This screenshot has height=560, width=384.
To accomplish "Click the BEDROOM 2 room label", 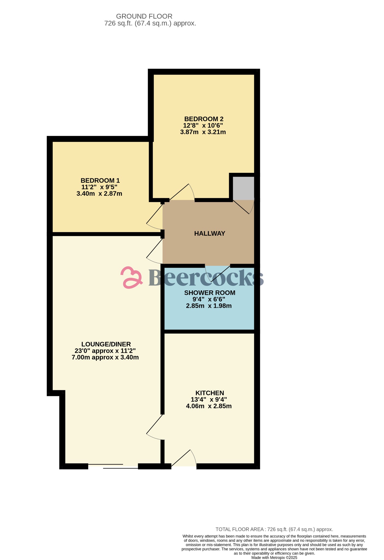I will pyautogui.click(x=204, y=119).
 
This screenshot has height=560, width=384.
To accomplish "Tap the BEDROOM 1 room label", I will pyautogui.click(x=100, y=180).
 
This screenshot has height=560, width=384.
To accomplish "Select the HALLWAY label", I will pyautogui.click(x=210, y=234).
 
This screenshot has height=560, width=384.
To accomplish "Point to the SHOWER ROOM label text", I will pyautogui.click(x=210, y=293).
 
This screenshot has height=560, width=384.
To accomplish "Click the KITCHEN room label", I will pyautogui.click(x=210, y=393).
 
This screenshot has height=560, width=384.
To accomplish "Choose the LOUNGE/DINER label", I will pyautogui.click(x=106, y=344).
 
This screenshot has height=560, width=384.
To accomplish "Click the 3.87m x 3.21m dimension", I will pyautogui.click(x=203, y=132).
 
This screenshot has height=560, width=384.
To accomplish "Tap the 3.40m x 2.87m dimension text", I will pyautogui.click(x=99, y=194).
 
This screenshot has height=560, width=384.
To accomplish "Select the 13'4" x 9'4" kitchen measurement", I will pyautogui.click(x=209, y=399).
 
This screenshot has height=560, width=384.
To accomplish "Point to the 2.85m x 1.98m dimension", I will pyautogui.click(x=209, y=306).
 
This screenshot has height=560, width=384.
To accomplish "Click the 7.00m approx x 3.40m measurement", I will pyautogui.click(x=105, y=357).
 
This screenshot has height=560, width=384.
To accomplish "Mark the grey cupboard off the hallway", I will pyautogui.click(x=243, y=188).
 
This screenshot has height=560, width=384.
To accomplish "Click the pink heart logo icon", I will pyautogui.click(x=131, y=278).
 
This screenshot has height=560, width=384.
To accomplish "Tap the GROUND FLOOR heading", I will pyautogui.click(x=144, y=16).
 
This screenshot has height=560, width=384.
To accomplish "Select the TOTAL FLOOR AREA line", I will pyautogui.click(x=274, y=529).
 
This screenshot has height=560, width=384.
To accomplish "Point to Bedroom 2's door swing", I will pyautogui.click(x=182, y=192).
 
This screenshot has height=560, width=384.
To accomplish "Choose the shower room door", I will pyautogui.click(x=218, y=274).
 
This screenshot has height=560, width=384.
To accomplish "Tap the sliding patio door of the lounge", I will pyautogui.click(x=113, y=466).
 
